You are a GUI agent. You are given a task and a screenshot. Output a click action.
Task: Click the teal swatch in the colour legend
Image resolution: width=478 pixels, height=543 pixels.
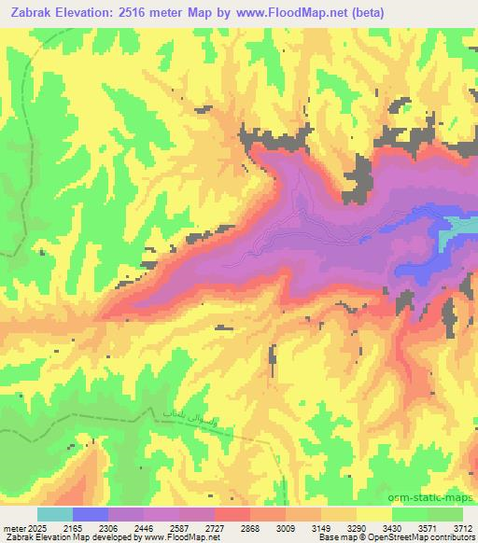55,514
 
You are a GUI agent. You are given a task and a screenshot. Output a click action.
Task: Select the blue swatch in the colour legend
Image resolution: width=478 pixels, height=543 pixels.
91,514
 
